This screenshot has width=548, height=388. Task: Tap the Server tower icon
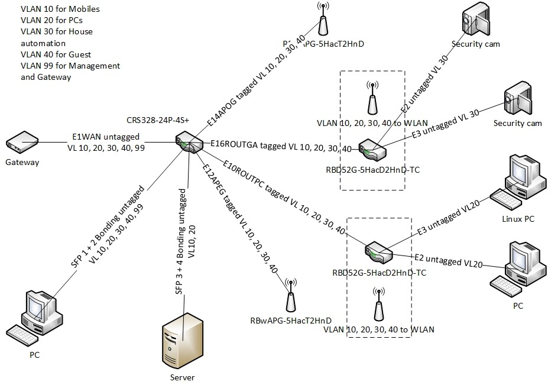(180, 342)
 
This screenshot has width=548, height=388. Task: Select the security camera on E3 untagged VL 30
(516, 101)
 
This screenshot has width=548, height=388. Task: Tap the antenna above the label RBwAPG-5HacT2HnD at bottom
(290, 295)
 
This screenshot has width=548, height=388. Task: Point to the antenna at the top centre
(323, 20)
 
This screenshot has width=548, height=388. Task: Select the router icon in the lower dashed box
(379, 252)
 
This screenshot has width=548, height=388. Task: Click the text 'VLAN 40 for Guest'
(54, 54)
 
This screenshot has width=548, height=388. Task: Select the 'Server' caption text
(180, 377)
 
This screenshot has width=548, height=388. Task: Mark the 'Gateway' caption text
(22, 162)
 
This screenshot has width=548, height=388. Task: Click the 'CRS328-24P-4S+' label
(157, 120)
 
